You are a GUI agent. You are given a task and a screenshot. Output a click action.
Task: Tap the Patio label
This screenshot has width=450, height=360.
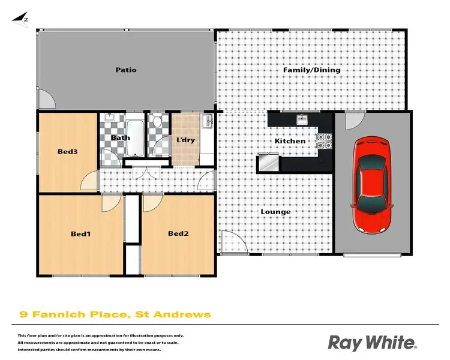point(126,70)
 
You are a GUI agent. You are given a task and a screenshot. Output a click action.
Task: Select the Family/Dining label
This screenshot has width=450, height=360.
point(311,70)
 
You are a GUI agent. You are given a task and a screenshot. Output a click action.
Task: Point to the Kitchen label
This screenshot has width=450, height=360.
point(290,141)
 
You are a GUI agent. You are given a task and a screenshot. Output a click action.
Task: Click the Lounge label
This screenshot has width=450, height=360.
point(276,212)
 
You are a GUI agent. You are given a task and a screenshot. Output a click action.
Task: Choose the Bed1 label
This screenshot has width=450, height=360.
point(80,233)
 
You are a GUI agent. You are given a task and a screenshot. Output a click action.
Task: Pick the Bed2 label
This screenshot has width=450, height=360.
point(178,233)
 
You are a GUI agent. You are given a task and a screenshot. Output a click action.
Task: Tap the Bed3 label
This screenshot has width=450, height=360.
point(68,152)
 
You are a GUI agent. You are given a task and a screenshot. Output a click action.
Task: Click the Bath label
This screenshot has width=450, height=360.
point(120,138)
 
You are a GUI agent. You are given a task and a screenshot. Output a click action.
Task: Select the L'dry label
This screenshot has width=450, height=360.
point(185,140)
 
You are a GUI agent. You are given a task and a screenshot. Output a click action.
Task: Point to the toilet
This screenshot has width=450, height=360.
point(157,123)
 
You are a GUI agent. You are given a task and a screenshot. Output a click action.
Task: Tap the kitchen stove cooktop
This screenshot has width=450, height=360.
point(324,140)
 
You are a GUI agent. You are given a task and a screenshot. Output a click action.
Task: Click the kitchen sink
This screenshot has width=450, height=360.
point(302,119)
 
